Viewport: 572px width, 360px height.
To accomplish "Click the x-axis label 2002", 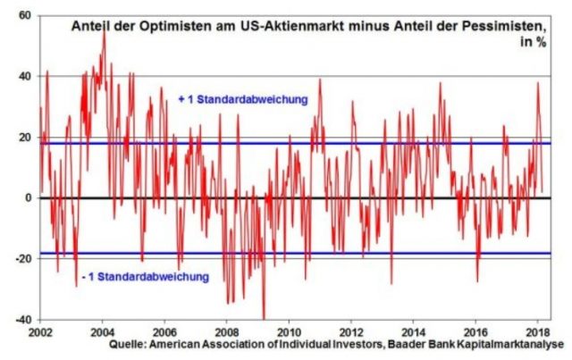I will [x=40, y=330].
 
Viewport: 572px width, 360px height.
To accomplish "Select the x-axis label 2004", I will [x=103, y=330].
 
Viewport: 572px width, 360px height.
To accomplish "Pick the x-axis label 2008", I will [x=227, y=330].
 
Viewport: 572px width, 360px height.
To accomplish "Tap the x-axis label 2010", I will [x=289, y=330].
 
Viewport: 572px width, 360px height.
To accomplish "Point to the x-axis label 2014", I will [x=413, y=330].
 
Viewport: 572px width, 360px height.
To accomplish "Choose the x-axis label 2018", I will [x=536, y=330].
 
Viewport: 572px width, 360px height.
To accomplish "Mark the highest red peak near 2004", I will [x=105, y=32].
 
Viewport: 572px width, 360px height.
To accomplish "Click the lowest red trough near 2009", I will [x=264, y=317].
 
